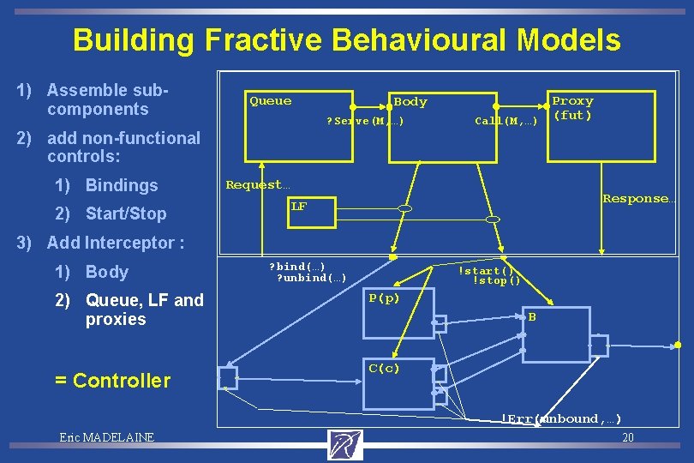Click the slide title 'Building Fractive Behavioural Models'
pos(346,39)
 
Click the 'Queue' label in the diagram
pos(270,101)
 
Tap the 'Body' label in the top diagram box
pos(410,102)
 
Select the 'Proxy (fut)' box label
pos(572,108)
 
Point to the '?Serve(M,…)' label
pos(364,121)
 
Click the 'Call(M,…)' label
pos(506,121)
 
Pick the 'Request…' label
pos(258,184)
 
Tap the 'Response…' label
pos(638,199)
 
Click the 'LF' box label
pos(298,207)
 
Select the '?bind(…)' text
pos(297,267)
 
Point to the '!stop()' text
pos(496,281)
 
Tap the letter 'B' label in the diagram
pos(532,317)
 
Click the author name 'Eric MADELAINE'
pos(106,437)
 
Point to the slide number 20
pos(627,437)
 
